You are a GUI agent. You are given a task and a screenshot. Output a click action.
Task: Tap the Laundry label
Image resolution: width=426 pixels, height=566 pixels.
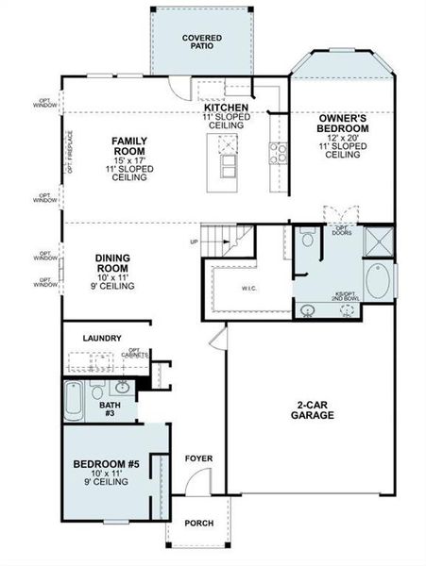pos(101,338)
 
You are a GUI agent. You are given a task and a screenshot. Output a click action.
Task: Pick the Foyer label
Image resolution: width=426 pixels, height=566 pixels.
pos(198,459)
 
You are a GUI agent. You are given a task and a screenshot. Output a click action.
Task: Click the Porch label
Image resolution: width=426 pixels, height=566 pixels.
pos(198,524)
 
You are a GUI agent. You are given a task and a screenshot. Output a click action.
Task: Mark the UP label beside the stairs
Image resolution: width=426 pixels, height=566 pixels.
pos(194,242)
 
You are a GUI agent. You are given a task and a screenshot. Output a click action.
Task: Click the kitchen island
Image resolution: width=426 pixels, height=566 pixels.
pos(228,156)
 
